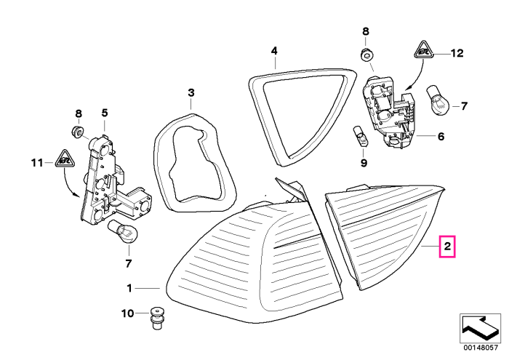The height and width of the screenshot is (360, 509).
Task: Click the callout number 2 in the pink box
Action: click(x=447, y=247)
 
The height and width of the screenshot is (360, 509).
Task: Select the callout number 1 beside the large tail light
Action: click(x=129, y=288)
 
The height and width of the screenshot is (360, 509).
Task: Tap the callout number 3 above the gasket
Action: click(x=191, y=92)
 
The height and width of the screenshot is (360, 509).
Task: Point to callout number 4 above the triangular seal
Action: click(x=274, y=51)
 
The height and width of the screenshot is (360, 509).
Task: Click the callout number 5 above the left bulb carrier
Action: click(x=104, y=113)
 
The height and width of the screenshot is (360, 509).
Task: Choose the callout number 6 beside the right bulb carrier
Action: click(x=441, y=136)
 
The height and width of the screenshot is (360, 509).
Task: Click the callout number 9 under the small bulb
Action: click(x=364, y=163)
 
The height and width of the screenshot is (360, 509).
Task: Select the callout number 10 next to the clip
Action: click(x=127, y=313)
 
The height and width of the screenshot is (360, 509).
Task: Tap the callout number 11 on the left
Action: click(x=37, y=162)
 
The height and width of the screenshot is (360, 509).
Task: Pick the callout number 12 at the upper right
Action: click(x=457, y=53)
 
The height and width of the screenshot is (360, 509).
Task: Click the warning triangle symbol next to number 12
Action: click(x=423, y=50)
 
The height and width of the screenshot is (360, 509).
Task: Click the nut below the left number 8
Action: click(x=77, y=131)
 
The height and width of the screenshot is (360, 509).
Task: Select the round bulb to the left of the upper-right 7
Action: click(x=437, y=99)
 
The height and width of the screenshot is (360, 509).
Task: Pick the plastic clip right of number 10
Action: click(x=157, y=318)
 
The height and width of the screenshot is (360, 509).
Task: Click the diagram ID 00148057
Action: click(x=481, y=348)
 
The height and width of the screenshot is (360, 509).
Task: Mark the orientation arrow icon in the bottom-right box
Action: click(x=481, y=329)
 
